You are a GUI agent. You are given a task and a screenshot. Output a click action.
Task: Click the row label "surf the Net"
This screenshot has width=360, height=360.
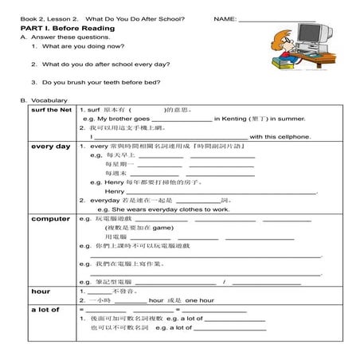pyautogui.click(x=50, y=109)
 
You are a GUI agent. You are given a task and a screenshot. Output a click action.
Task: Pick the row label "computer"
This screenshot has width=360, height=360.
pyautogui.click(x=50, y=218)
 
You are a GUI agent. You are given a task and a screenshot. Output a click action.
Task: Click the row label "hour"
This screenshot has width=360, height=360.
pyautogui.click(x=41, y=292)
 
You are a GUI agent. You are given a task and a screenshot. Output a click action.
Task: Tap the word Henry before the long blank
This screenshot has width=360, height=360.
pyautogui.click(x=115, y=191)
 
